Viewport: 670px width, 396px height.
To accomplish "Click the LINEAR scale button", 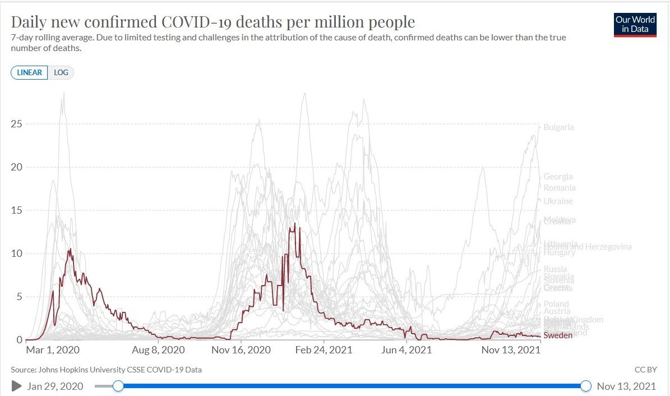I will pyautogui.click(x=29, y=73).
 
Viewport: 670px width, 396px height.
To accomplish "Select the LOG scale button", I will pyautogui.click(x=61, y=73).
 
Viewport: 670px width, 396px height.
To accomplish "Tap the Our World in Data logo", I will pyautogui.click(x=635, y=25).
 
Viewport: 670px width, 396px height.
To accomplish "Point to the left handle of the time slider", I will pyautogui.click(x=118, y=386).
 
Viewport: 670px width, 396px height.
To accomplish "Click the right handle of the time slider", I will pyautogui.click(x=586, y=386).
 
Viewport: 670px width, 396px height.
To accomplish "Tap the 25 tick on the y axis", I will pyautogui.click(x=17, y=124).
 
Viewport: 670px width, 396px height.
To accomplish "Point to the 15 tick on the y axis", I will pyautogui.click(x=17, y=210).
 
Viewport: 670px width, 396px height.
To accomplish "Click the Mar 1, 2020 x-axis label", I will pyautogui.click(x=53, y=350).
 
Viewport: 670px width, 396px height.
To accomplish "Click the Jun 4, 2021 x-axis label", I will pyautogui.click(x=408, y=350).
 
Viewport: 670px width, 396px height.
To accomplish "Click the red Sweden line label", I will pyautogui.click(x=558, y=335).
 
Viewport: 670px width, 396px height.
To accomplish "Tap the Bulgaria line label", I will pyautogui.click(x=558, y=127).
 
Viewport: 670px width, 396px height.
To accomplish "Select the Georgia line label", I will pyautogui.click(x=558, y=177).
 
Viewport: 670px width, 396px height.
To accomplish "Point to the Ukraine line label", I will pyautogui.click(x=558, y=201).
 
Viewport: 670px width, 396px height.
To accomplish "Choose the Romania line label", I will pyautogui.click(x=560, y=188).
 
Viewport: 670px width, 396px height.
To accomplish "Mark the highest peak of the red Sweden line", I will pyautogui.click(x=295, y=224).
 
